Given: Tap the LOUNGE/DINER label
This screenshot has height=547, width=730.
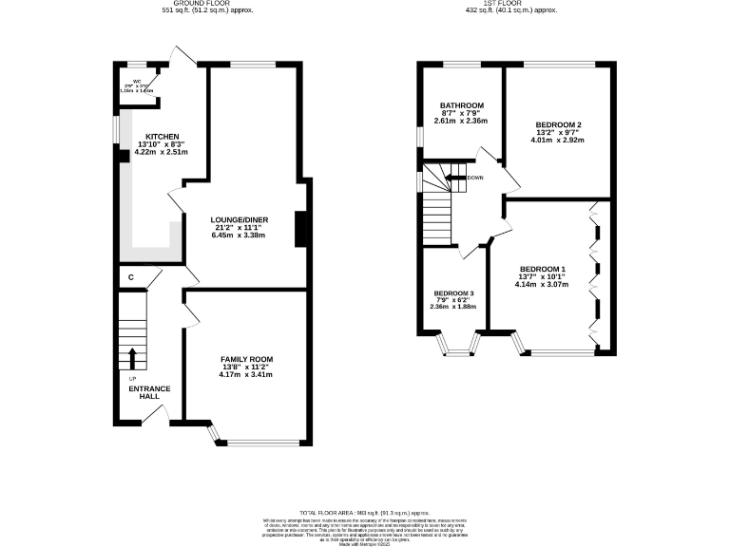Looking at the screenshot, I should click(239, 219).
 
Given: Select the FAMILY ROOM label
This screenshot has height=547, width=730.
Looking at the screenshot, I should click(246, 359).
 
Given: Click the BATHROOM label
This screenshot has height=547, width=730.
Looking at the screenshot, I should click(461, 104).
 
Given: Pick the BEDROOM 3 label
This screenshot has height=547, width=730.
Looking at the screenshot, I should click(452, 292).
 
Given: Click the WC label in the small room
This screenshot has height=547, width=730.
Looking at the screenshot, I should click(136, 82).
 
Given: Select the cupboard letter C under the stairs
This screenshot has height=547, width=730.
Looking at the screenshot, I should click(130, 277).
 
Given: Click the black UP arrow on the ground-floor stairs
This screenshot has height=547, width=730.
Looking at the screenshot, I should click(132, 358).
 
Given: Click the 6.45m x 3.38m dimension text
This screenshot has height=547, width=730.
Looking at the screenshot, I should click(239, 235).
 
